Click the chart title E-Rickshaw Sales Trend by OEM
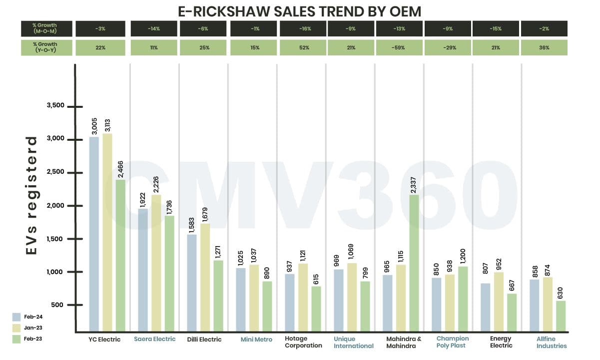click(300, 11)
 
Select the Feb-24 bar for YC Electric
click(94, 235)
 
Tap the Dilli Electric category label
click(204, 340)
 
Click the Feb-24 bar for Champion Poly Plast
click(436, 305)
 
